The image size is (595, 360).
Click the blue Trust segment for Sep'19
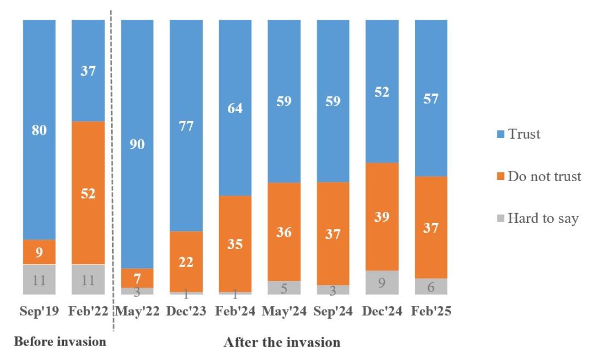[39, 129]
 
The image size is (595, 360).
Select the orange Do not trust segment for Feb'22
[88, 193]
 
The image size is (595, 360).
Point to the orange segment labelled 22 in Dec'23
[186, 261]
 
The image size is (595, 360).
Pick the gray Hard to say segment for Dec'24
[382, 282]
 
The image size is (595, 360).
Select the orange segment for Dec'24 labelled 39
[382, 217]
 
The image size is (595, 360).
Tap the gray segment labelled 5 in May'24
[284, 287]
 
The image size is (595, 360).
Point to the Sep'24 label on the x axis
[332, 311]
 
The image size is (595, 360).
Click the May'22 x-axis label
[137, 311]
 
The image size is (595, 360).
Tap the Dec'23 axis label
[186, 311]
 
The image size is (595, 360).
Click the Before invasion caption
[60, 341]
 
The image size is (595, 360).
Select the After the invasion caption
[282, 342]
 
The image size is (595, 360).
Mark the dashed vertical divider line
[112, 174]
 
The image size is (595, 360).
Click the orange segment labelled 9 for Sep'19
[39, 252]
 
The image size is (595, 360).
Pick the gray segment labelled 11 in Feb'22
[88, 279]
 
